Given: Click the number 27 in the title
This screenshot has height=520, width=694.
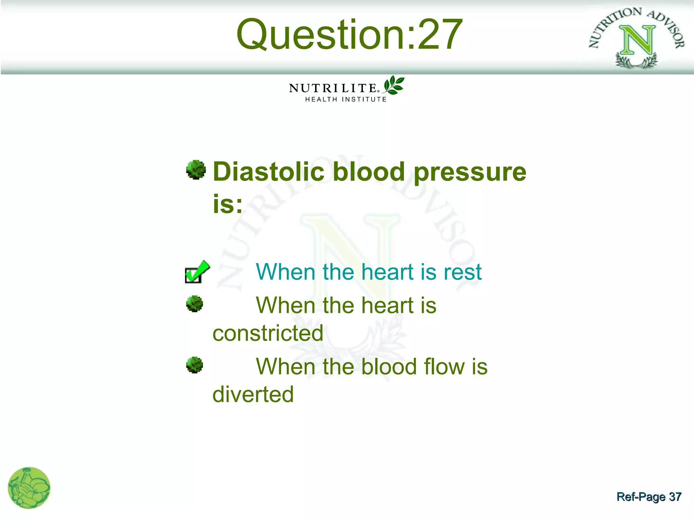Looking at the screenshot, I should (440, 35).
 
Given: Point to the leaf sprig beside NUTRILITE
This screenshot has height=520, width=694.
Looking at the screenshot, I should (393, 85).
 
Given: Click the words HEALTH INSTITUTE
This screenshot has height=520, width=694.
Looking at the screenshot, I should (346, 100).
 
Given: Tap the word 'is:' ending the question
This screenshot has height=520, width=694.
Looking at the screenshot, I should (227, 204).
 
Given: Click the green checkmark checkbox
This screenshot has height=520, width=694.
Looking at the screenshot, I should (197, 272).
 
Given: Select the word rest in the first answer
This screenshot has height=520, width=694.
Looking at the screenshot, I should (463, 272).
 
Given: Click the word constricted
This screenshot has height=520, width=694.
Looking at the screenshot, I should (268, 333).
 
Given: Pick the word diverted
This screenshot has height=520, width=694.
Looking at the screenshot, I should (253, 394).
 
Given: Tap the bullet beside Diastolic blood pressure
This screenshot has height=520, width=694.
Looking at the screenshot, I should (196, 170).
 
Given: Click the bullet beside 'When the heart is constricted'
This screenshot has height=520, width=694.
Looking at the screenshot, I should (195, 304).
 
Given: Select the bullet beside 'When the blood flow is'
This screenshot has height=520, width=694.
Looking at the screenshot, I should (195, 365).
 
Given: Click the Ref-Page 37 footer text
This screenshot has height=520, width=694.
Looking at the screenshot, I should (649, 497).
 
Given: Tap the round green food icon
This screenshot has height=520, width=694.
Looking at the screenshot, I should (29, 488).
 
